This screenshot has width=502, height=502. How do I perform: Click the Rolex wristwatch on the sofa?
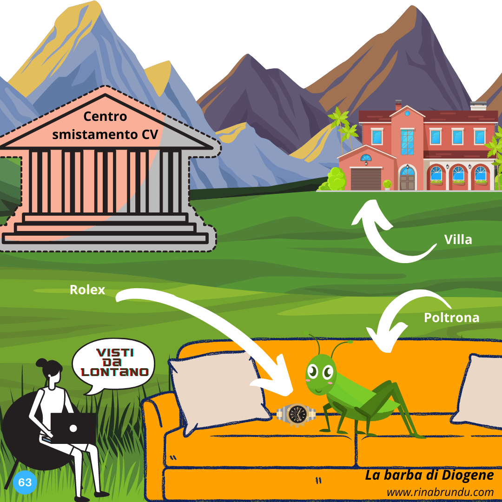coord(296,414)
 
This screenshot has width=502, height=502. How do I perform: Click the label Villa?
coord(458,239)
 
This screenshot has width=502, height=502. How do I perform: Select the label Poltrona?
coord(451,317)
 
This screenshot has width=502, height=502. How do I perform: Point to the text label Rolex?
coord(87,290)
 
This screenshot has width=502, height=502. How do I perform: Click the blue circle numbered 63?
coord(25,482)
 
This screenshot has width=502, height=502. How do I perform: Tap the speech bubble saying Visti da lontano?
coord(114,363)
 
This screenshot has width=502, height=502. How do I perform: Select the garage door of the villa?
coord(366,179)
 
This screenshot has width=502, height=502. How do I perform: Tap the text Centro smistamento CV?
coord(105,125)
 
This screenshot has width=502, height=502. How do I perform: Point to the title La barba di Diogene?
coord(429,475)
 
